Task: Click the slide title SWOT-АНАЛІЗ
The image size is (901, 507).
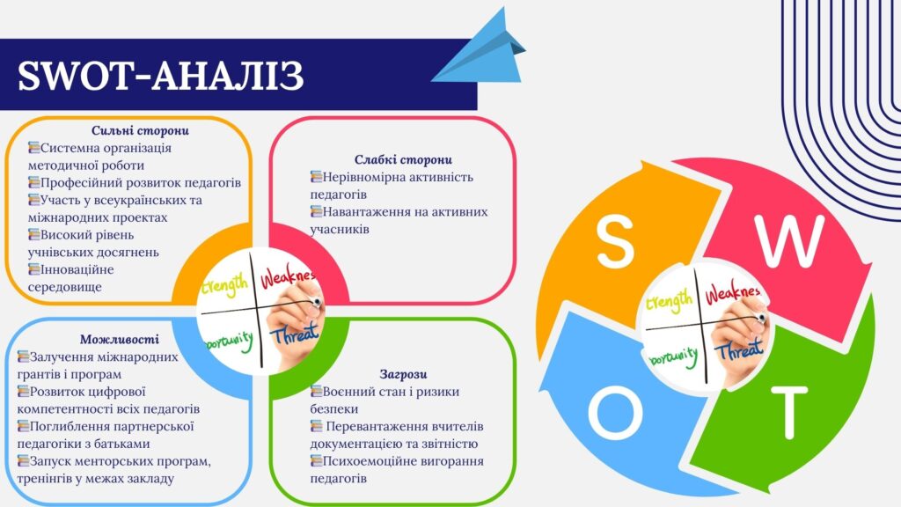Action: click(160, 76)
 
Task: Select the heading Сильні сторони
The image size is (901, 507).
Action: click(140, 130)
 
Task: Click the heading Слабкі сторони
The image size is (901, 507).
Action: click(403, 159)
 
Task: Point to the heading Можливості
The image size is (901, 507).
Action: click(119, 339)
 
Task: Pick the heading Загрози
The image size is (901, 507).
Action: click(403, 374)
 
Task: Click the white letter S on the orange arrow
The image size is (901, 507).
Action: click(615, 241)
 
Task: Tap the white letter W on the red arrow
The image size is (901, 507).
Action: click(790, 241)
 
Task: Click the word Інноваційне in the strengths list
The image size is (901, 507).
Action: click(77, 269)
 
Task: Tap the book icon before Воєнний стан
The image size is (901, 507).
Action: click(316, 392)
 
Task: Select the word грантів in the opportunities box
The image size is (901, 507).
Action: click(38, 375)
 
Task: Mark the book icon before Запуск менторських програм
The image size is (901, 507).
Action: click(23, 461)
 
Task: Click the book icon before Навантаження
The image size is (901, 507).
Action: click(316, 211)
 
